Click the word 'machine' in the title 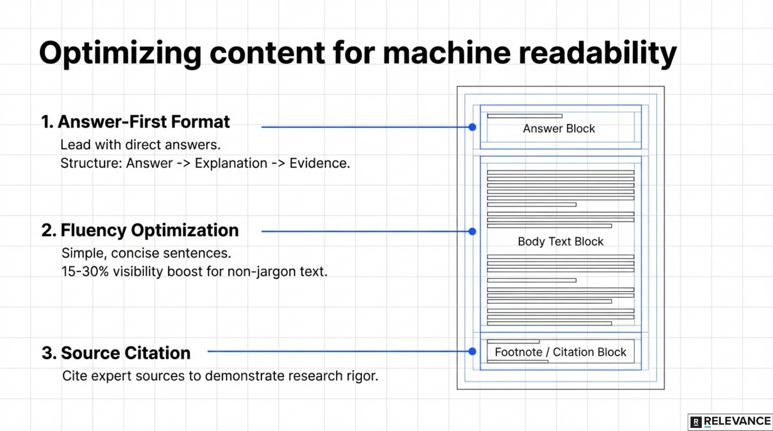[x=446, y=53]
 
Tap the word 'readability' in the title [x=598, y=54]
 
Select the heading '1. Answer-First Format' [x=135, y=122]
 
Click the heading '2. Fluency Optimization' [x=140, y=230]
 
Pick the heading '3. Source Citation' [x=116, y=353]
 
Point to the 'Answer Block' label [x=559, y=129]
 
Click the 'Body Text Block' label [x=561, y=242]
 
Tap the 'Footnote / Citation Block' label [x=561, y=352]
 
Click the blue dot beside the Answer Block [x=472, y=127]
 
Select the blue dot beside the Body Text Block [x=472, y=231]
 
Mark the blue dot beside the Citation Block [x=472, y=351]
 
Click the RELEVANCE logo [x=730, y=422]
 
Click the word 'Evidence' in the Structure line [x=319, y=163]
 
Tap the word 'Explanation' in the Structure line [x=231, y=163]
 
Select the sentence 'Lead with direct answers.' [x=140, y=145]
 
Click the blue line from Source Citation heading [x=337, y=351]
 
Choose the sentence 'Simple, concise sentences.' [x=146, y=253]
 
